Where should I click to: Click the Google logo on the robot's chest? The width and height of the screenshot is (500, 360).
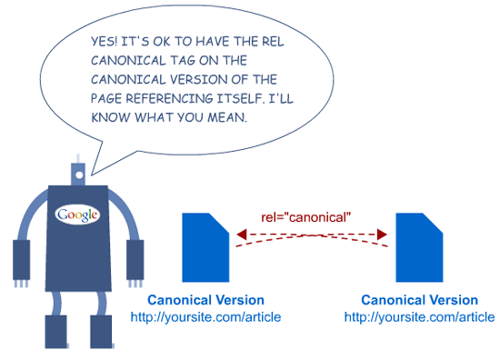(78, 215)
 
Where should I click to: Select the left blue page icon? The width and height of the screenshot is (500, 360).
(205, 248)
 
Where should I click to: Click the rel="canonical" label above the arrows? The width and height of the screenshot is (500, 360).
(305, 218)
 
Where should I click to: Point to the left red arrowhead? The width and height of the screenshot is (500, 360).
(242, 235)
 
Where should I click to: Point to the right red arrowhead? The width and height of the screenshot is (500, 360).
(383, 235)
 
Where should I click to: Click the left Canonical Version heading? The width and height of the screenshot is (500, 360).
(206, 300)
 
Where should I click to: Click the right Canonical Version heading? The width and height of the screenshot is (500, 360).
(419, 300)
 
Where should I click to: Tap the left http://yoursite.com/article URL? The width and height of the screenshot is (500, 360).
(206, 316)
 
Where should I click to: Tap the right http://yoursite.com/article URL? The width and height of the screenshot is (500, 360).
(419, 316)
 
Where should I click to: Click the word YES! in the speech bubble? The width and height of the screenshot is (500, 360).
(106, 42)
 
